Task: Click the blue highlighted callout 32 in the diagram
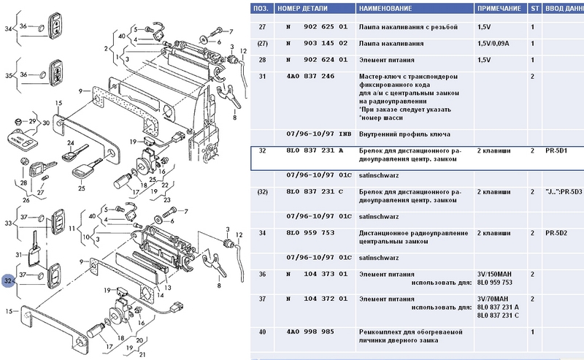click(x=8, y=280)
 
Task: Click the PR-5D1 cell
click(x=556, y=150)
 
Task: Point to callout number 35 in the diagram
click(x=9, y=75)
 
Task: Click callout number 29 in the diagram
click(x=32, y=120)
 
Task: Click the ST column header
click(x=534, y=8)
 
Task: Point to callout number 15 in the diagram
click(x=9, y=310)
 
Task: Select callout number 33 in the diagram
click(x=9, y=222)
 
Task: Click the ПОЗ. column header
click(x=261, y=8)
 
